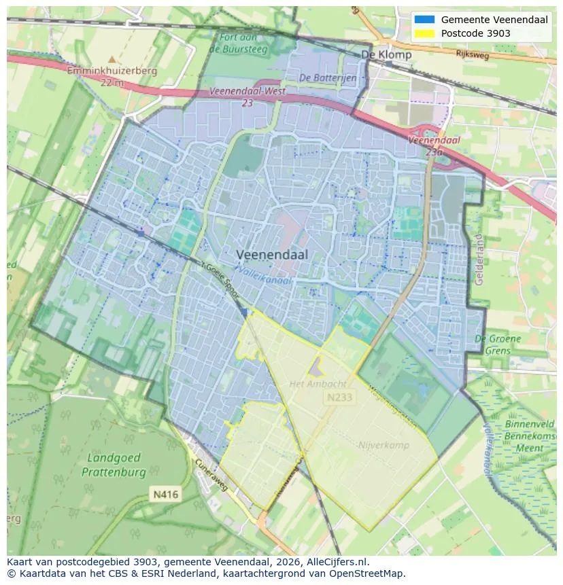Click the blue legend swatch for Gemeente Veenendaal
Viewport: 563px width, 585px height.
pos(424,20)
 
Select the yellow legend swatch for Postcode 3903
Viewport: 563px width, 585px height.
pos(424,33)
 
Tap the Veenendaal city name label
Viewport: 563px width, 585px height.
pos(272,255)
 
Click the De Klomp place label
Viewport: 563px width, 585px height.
pos(386,54)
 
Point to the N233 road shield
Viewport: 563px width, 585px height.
pos(339,397)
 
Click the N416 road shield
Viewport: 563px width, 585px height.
pos(165,495)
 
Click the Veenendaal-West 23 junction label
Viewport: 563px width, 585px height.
pos(247,96)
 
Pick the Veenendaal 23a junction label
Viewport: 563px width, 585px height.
pos(434,145)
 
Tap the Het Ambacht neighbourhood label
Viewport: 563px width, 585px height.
pos(318,384)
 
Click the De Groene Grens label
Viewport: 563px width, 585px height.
pos(498,344)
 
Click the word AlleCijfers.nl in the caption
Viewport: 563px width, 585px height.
pos(335,562)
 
